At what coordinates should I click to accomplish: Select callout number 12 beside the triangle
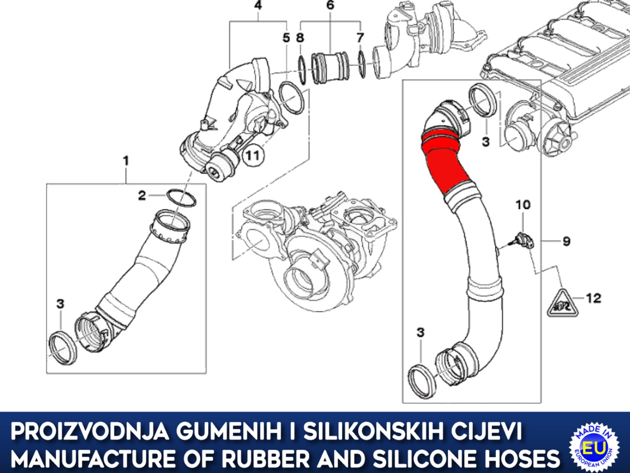593,298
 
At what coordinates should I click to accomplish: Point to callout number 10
523,205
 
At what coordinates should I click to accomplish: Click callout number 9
567,241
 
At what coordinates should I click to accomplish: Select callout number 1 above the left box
126,161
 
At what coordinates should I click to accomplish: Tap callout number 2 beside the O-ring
142,195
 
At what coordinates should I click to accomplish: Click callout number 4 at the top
258,6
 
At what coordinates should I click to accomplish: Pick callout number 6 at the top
330,6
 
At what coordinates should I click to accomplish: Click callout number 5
286,38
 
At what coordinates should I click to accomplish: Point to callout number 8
300,38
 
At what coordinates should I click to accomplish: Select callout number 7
360,38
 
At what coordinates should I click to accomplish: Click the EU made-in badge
594,448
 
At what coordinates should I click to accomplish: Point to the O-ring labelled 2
181,198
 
